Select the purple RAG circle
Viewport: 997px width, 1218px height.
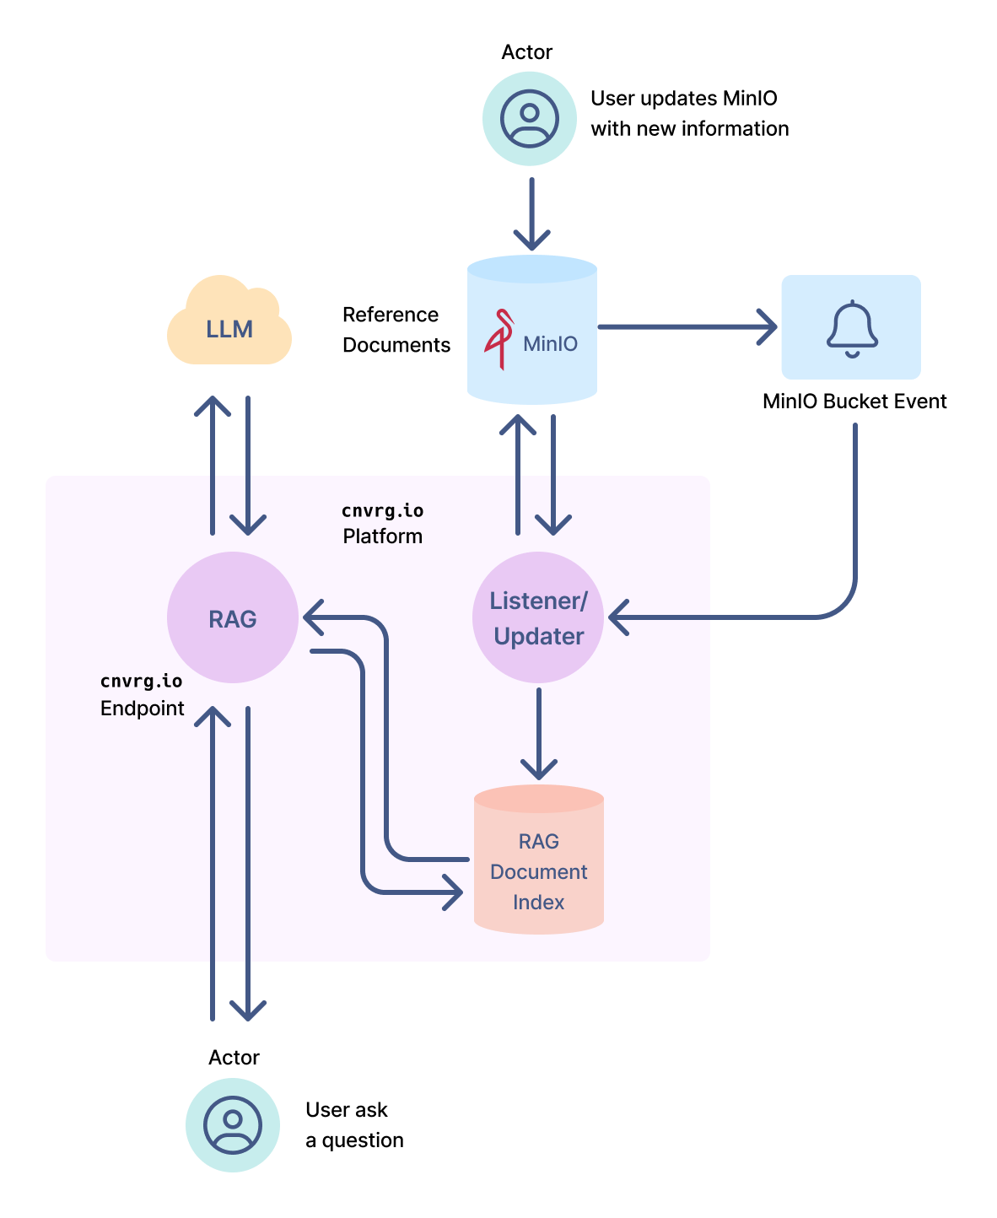[x=233, y=617]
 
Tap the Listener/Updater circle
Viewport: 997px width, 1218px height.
[x=538, y=617]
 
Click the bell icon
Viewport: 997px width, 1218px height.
[x=852, y=327]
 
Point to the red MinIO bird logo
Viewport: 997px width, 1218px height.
[x=499, y=339]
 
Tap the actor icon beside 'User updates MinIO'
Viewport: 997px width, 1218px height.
[x=530, y=118]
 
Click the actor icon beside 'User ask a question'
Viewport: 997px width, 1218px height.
[x=233, y=1124]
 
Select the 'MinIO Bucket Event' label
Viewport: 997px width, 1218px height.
[x=854, y=402]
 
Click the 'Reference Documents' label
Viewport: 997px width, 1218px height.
[x=396, y=330]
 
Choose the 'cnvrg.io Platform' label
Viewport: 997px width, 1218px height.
[x=382, y=524]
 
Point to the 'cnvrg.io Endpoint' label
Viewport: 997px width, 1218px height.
[x=142, y=695]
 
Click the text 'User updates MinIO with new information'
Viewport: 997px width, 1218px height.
[x=689, y=114]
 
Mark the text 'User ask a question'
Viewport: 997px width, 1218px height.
[x=354, y=1125]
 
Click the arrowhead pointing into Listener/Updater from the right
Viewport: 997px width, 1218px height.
[x=619, y=617]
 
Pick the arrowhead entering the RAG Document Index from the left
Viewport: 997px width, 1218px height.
[x=454, y=892]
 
